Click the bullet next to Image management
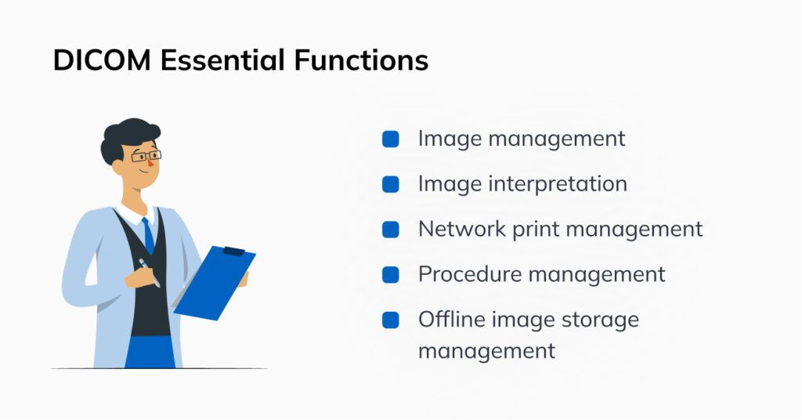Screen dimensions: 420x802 (390, 139)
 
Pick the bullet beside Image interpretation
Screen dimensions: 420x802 (390, 185)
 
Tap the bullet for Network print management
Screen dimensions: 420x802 (390, 230)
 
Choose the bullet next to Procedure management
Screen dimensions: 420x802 (390, 275)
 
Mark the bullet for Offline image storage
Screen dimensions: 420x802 (390, 320)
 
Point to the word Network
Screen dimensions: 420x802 (458, 230)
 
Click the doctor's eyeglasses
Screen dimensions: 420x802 (145, 156)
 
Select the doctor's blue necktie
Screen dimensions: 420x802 (147, 235)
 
